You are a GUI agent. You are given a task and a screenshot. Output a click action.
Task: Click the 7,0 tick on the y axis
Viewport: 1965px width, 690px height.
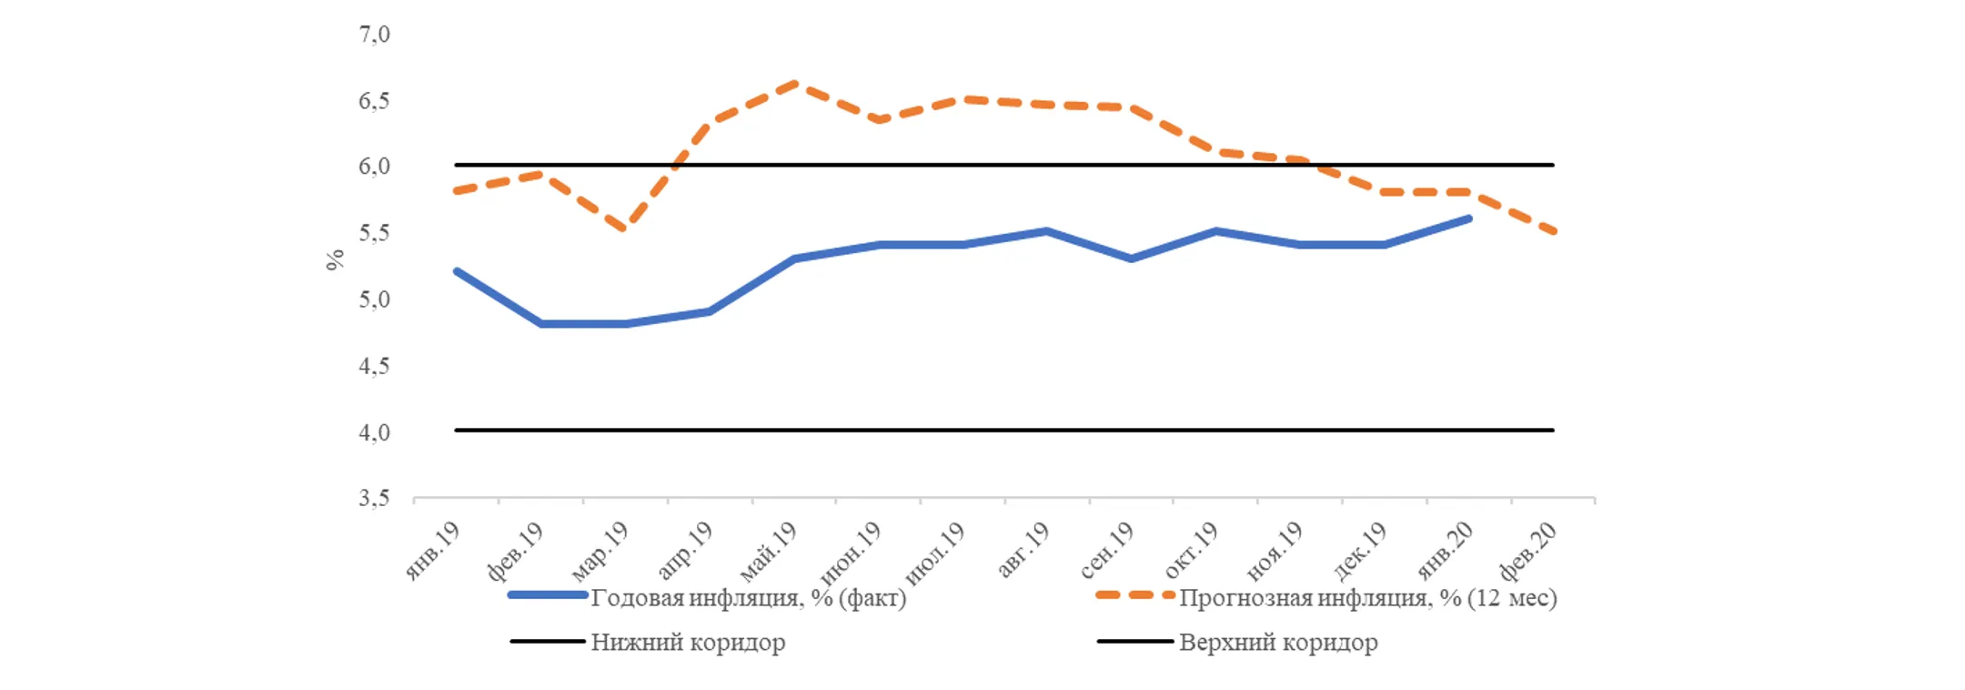tap(374, 35)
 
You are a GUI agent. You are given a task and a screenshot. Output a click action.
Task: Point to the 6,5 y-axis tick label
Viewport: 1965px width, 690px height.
tap(374, 101)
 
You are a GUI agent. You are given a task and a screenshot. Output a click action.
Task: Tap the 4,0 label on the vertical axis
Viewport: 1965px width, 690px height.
tap(374, 432)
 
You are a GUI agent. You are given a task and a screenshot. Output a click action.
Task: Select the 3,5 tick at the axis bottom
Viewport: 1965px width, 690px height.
tap(374, 498)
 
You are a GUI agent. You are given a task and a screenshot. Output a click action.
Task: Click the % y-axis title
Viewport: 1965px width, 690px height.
tap(335, 259)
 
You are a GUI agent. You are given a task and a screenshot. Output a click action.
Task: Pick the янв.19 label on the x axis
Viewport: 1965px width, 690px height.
tap(433, 551)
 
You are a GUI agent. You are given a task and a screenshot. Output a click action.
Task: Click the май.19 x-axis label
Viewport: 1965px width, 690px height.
tap(770, 551)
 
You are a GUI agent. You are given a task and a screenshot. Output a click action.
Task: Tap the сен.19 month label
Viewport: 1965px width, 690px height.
tap(1107, 551)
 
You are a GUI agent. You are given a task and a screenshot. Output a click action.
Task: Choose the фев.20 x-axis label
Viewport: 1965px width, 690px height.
tap(1528, 551)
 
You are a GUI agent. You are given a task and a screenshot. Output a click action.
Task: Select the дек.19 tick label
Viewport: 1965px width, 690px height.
tap(1360, 551)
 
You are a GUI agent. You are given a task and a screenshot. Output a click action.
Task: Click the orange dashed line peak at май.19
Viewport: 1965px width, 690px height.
tap(795, 84)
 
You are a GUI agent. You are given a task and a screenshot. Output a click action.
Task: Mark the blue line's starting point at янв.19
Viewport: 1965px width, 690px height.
tap(457, 271)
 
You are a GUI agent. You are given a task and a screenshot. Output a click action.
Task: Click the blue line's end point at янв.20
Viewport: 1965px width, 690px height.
tap(1468, 218)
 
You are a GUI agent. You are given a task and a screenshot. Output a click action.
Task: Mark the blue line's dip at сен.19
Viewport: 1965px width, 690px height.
tap(1131, 259)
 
